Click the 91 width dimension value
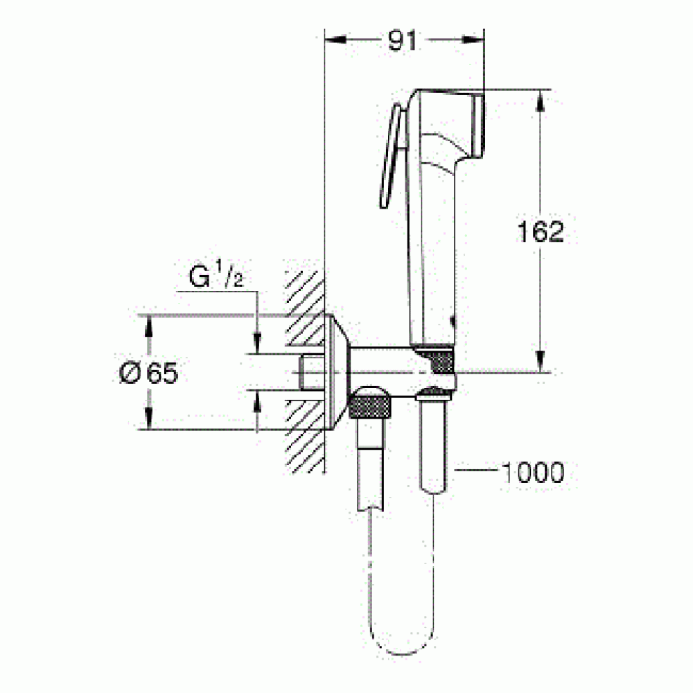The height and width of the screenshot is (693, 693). point(402,41)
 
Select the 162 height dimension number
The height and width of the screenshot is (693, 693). point(541,231)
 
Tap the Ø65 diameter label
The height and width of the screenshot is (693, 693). point(148,373)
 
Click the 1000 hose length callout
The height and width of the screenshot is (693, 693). point(534,473)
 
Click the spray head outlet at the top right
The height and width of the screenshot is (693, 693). point(478,125)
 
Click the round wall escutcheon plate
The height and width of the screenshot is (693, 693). point(337,372)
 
